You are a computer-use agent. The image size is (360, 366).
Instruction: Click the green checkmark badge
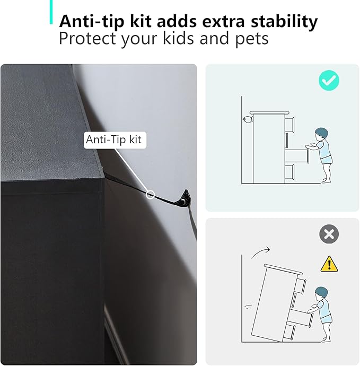point(329,80)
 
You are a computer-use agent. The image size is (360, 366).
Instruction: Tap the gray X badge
point(329,234)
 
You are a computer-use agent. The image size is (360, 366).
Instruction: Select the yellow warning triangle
point(329,264)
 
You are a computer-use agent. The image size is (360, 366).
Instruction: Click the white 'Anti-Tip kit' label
point(115,140)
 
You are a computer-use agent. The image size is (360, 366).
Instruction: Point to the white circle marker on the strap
point(151,195)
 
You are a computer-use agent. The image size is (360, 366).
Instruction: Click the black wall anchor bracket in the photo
point(185,197)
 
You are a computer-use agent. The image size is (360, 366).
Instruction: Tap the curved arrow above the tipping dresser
point(260,252)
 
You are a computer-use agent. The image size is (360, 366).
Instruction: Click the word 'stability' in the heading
point(284,21)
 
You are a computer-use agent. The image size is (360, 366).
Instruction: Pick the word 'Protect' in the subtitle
point(87,38)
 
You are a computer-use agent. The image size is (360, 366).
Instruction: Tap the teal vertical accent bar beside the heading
point(51,12)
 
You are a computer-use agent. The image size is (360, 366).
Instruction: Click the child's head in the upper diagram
point(321,134)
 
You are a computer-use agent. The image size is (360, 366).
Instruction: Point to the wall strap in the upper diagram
point(248,119)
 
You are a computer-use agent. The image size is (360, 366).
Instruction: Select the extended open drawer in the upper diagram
point(297,156)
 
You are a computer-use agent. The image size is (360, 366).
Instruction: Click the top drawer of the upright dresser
point(289,125)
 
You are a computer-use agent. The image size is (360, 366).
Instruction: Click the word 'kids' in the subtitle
point(178,38)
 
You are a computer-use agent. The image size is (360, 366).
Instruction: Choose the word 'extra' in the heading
point(223,22)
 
